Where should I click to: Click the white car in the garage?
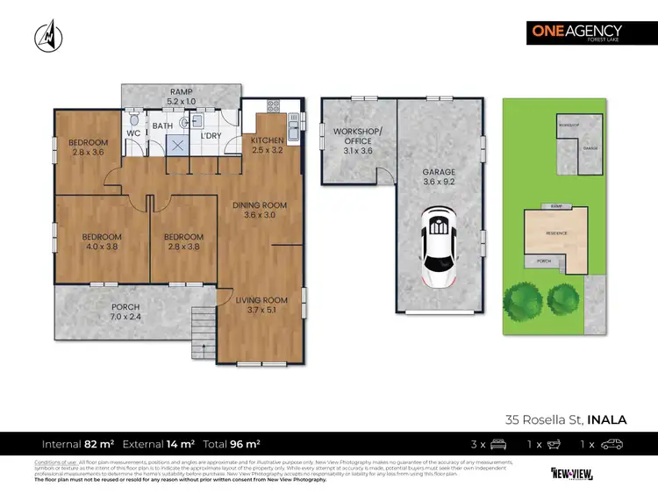pos(438,246)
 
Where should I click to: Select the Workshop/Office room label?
pos(354,140)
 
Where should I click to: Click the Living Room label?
pos(261,304)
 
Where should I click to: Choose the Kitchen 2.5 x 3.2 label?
pos(267,145)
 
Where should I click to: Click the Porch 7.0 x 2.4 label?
pos(124,311)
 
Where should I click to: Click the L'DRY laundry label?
pos(211,136)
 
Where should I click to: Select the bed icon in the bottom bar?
pos(497,444)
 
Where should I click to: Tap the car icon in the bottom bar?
pos(611,444)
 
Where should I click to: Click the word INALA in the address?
pos(607,419)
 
